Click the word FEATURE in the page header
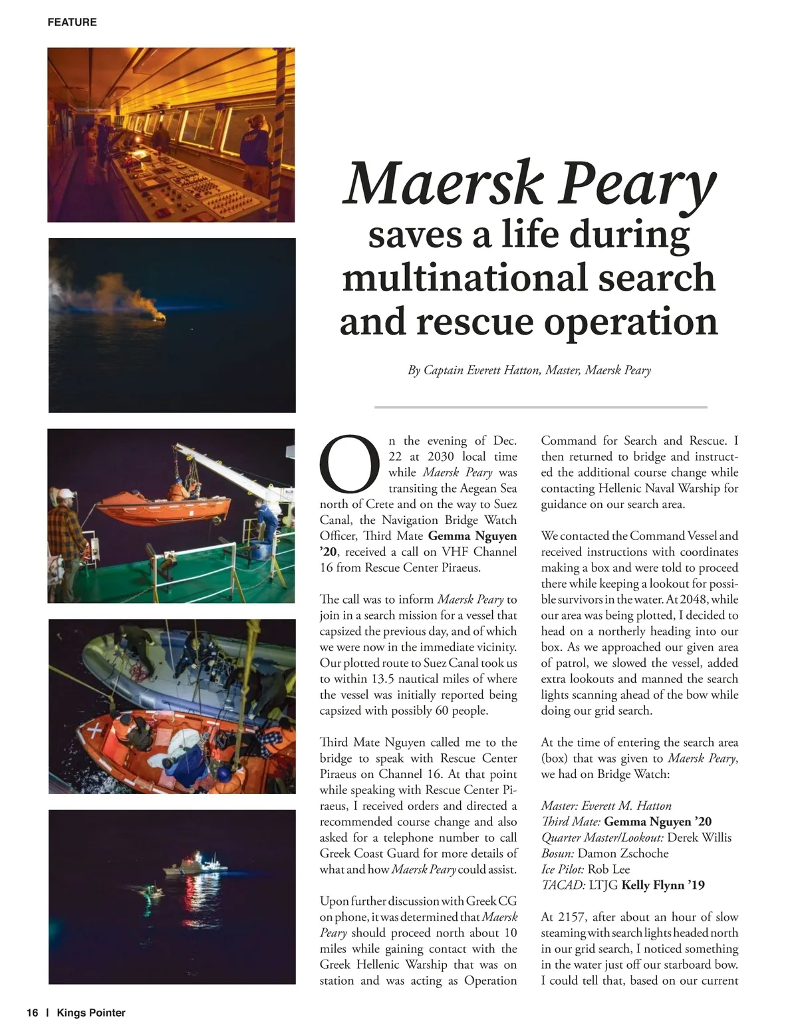[x=72, y=22]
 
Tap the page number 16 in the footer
[x=33, y=1013]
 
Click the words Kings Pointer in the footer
[x=91, y=1013]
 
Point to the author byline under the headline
[x=529, y=370]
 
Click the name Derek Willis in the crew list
[x=699, y=837]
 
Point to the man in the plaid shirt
[x=67, y=539]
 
